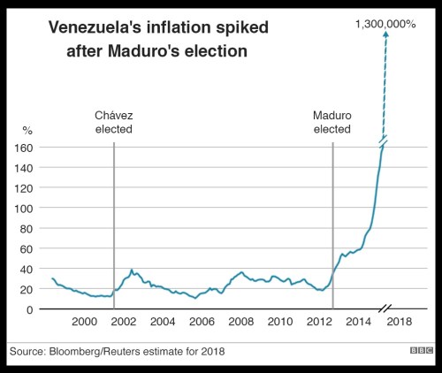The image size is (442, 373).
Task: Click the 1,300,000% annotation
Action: point(385,24)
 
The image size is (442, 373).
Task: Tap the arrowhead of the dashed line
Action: point(385,34)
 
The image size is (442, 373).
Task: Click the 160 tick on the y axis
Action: point(24,148)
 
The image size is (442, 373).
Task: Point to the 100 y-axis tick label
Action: point(24,209)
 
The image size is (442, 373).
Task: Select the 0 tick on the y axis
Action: point(29,309)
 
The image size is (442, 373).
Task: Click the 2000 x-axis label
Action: point(84,322)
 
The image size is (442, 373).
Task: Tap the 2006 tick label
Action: point(202,322)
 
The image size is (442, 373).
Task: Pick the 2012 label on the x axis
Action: point(319,322)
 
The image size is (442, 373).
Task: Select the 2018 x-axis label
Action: point(400,322)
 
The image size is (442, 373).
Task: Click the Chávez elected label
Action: point(114,122)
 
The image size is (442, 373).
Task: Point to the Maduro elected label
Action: point(332,122)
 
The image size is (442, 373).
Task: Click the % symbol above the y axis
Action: point(27,130)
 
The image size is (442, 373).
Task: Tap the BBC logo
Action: point(422,350)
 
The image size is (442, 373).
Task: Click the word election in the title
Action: point(216,51)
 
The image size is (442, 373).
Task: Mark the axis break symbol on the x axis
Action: point(385,309)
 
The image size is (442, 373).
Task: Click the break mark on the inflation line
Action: point(384,141)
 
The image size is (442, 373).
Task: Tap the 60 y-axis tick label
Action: point(26,249)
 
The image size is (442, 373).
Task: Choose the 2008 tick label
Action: point(240,322)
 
